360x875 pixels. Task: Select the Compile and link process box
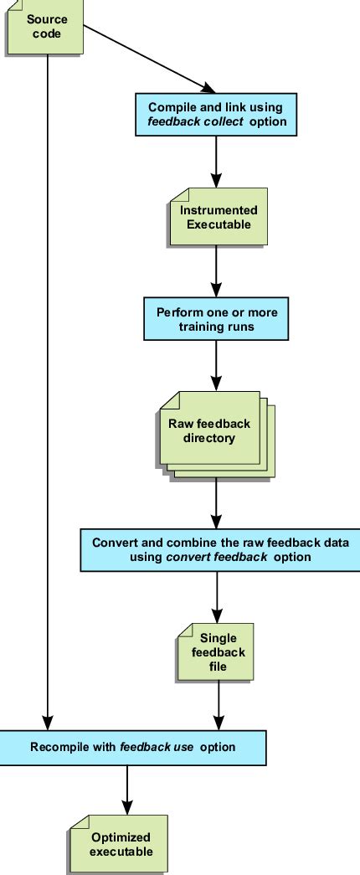[x=216, y=114]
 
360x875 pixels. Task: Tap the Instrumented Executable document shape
[x=219, y=217]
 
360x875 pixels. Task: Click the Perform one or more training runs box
[x=216, y=319]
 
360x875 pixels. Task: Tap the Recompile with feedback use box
[x=132, y=746]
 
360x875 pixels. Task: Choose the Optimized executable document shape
[x=121, y=844]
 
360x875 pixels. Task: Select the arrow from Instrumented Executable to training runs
[x=217, y=272]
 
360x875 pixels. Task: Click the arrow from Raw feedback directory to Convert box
[x=217, y=502]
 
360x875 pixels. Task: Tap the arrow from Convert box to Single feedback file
[x=218, y=596]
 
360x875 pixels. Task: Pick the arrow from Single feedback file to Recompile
[x=219, y=703]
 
